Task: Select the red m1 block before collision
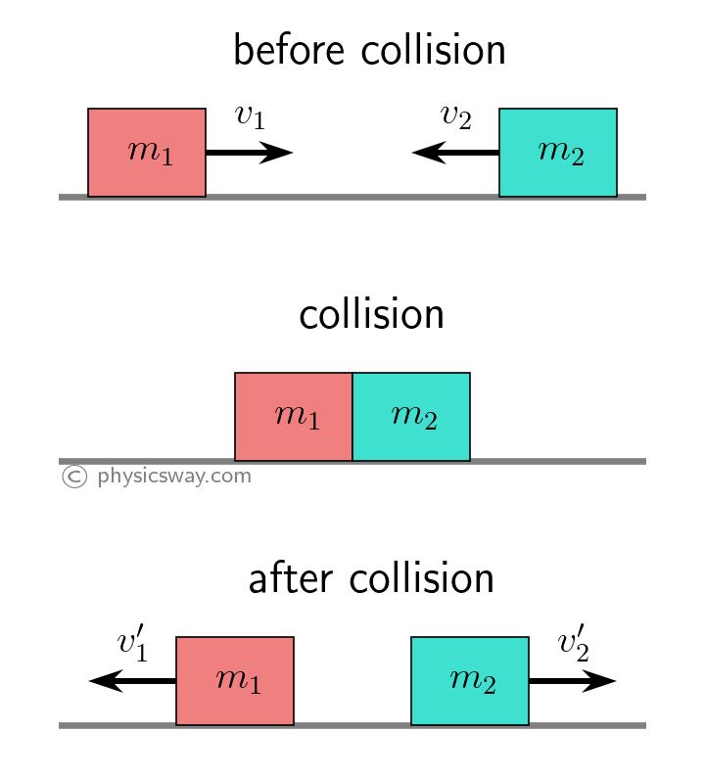click(x=147, y=153)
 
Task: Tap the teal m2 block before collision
click(x=558, y=153)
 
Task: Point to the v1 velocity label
click(x=250, y=116)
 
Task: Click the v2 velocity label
click(x=455, y=116)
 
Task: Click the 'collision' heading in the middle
click(x=371, y=315)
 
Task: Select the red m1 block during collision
click(x=294, y=417)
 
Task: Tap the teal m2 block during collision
click(x=411, y=417)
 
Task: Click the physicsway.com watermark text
click(x=174, y=477)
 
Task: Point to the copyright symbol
click(x=73, y=477)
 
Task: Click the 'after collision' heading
click(x=371, y=579)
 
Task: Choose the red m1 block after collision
click(x=235, y=681)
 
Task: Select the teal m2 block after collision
click(x=470, y=681)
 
